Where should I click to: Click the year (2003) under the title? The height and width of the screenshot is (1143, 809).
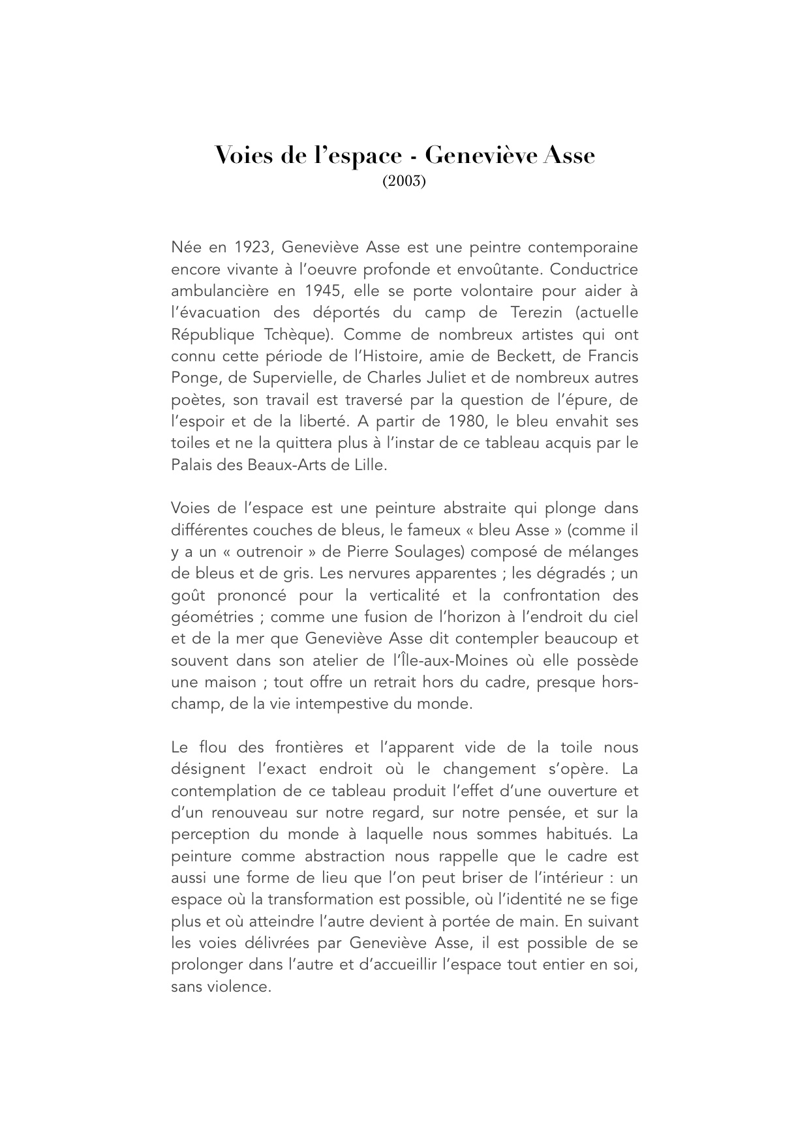404,181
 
